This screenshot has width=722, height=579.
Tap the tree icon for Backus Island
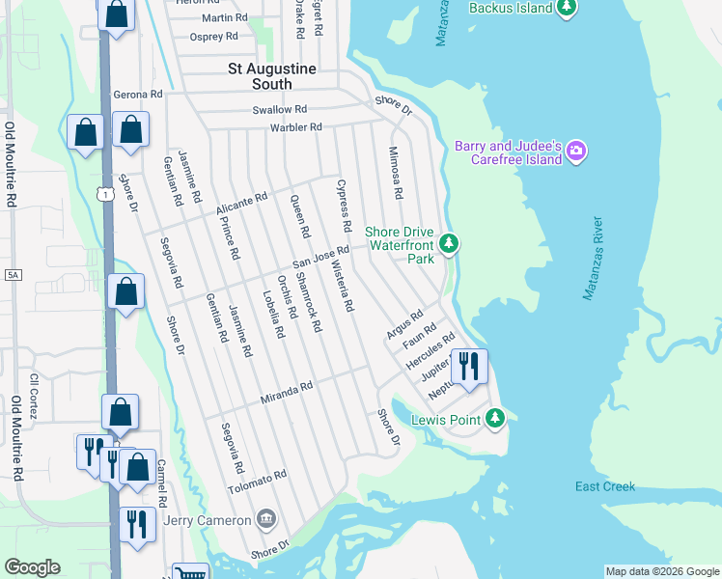[568, 9]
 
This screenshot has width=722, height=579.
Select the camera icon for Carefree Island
[576, 150]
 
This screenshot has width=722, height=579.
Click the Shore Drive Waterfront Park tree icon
[448, 243]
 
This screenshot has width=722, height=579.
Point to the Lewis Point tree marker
[495, 418]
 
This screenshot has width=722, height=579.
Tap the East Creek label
[605, 486]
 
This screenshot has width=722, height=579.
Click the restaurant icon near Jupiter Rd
[469, 366]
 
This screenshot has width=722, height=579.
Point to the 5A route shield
[13, 275]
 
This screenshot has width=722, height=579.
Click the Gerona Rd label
[138, 95]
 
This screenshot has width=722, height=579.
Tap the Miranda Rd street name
[287, 390]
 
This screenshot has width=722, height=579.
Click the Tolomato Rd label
[258, 480]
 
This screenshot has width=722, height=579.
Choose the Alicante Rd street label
[241, 202]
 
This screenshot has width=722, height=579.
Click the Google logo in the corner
[32, 567]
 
